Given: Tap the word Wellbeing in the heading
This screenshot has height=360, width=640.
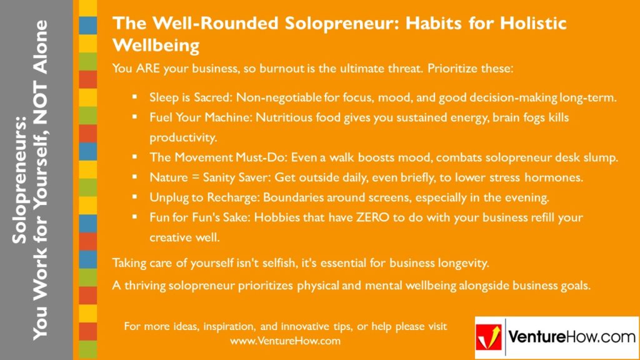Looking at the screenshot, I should click(x=156, y=46).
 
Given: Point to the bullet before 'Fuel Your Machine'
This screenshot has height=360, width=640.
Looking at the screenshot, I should click(x=134, y=117).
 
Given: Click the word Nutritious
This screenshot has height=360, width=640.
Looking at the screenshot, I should click(x=274, y=117).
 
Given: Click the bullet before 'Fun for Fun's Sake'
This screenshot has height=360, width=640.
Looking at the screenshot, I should click(x=134, y=217).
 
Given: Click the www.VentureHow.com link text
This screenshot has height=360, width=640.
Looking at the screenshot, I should click(x=285, y=341).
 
